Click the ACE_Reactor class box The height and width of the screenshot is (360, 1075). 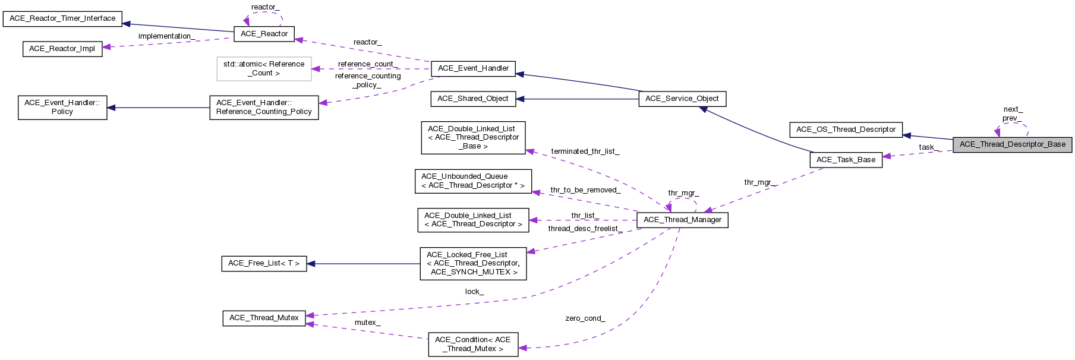(264, 34)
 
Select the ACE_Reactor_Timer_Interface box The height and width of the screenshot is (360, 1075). (62, 18)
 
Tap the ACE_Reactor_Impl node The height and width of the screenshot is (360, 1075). (62, 49)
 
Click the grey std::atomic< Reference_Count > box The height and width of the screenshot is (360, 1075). (264, 68)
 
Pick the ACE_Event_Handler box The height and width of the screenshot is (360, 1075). (473, 68)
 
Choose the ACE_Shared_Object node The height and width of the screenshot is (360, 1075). (472, 99)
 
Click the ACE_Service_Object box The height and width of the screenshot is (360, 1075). (682, 99)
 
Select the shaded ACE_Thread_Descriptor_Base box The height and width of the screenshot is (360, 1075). (1012, 144)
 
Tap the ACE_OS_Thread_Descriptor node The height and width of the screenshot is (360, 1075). (846, 130)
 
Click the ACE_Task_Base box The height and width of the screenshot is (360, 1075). (846, 160)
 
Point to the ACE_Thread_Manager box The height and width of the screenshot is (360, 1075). (682, 220)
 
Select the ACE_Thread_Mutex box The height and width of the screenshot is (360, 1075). (264, 318)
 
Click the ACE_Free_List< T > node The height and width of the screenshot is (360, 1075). (264, 263)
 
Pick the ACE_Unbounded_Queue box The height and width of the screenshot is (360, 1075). (472, 181)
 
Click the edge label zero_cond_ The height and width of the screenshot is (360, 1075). (585, 318)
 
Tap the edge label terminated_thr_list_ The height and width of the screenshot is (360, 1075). (585, 151)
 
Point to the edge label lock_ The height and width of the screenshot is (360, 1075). (474, 292)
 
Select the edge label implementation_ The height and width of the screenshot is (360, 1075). (166, 36)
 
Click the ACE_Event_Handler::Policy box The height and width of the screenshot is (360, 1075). (62, 108)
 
